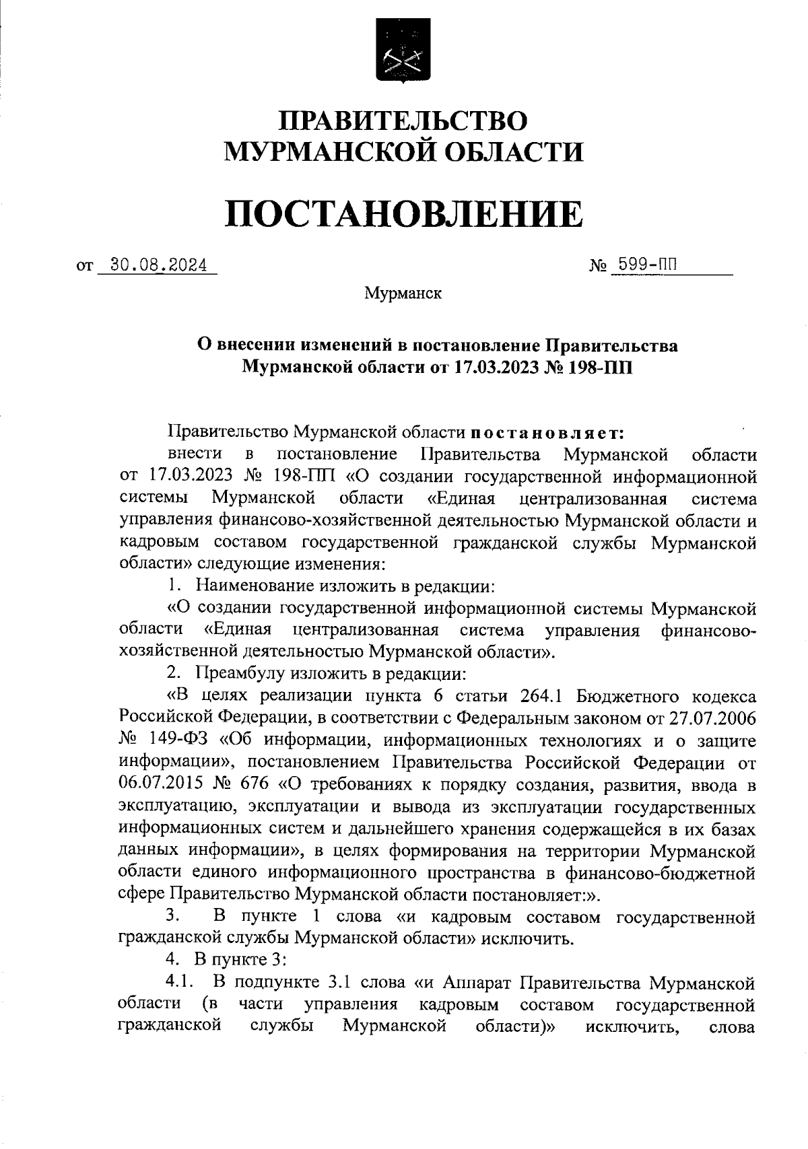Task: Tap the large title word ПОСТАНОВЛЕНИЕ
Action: [403, 214]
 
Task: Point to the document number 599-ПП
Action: [642, 265]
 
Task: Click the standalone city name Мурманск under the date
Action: [403, 294]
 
